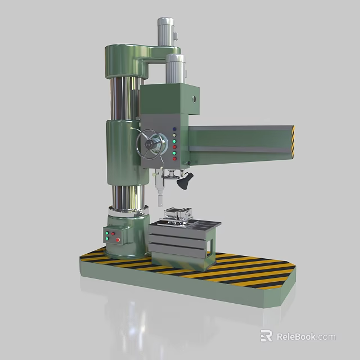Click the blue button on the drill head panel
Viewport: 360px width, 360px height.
[174, 128]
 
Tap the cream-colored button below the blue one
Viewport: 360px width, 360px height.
[174, 135]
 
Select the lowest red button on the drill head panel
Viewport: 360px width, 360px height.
[174, 159]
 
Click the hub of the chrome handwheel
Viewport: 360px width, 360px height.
[151, 144]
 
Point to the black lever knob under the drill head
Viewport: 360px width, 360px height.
[183, 182]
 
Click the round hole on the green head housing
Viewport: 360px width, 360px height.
[195, 97]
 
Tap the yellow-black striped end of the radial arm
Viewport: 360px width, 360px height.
[292, 140]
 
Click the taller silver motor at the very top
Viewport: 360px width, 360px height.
[165, 31]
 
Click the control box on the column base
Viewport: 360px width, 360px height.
[112, 236]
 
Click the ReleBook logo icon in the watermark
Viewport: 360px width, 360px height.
[267, 336]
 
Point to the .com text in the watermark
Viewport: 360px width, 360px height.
[326, 337]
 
